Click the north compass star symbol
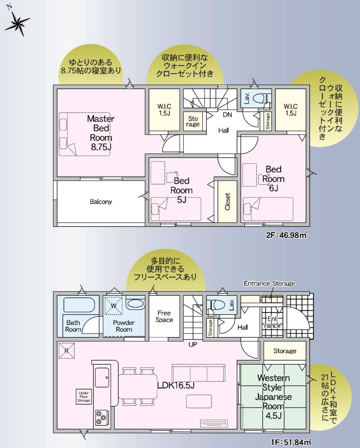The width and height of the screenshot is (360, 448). (x=18, y=23)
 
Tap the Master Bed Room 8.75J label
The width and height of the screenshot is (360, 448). (x=101, y=133)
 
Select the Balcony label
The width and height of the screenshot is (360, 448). (x=101, y=202)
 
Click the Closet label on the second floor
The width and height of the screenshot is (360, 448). (x=228, y=201)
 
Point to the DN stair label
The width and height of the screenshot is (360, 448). (x=227, y=115)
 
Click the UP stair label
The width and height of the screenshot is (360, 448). (x=193, y=345)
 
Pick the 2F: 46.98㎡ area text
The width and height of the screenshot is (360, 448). (x=286, y=235)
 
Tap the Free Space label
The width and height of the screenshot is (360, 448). (x=164, y=317)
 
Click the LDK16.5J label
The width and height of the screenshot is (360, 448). (x=176, y=385)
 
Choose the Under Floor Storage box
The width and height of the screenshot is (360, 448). (x=84, y=397)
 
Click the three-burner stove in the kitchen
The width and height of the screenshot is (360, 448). (x=102, y=417)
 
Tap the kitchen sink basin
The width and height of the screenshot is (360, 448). (x=102, y=377)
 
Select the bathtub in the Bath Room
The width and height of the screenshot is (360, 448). (x=79, y=305)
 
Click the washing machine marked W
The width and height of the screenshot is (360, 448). (x=113, y=306)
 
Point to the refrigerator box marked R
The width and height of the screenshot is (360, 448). (x=66, y=350)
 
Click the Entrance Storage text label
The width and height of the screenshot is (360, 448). (x=269, y=283)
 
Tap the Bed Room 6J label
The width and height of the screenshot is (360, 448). (x=273, y=178)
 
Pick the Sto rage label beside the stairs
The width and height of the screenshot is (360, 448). (x=193, y=122)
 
